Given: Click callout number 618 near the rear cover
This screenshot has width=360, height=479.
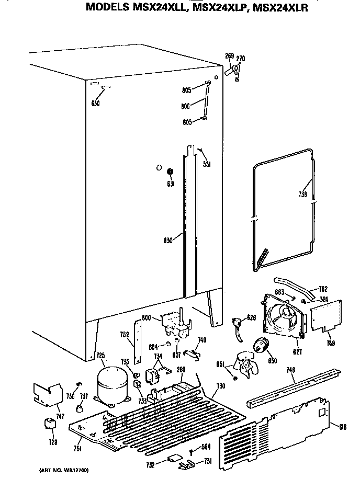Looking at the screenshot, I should point(343,427).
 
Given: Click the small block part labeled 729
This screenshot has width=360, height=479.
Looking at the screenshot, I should point(51,424).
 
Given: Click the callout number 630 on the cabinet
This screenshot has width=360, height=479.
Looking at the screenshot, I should point(95,103).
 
